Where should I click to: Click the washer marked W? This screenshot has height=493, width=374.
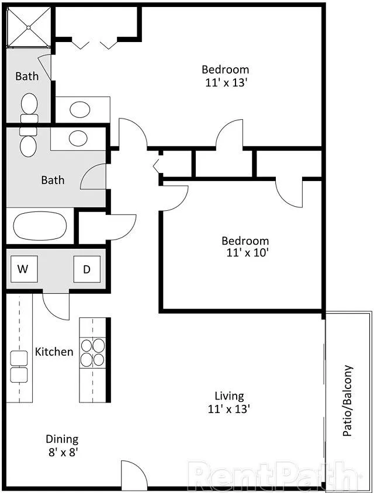[x=23, y=269]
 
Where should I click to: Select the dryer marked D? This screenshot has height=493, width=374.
[x=86, y=269]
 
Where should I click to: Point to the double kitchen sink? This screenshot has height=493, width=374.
[x=19, y=366]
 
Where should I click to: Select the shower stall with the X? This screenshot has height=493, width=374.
[x=29, y=26]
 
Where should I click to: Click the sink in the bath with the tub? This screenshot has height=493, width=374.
[x=77, y=138]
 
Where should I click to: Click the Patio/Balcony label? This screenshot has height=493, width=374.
[x=348, y=401]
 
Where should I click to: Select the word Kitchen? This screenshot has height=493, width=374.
[x=54, y=352]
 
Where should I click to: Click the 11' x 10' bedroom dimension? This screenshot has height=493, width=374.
[x=245, y=254]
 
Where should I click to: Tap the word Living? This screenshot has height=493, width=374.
[x=228, y=396]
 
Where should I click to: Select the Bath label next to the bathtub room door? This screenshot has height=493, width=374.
[x=53, y=180]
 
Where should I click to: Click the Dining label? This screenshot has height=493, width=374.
[x=62, y=439]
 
